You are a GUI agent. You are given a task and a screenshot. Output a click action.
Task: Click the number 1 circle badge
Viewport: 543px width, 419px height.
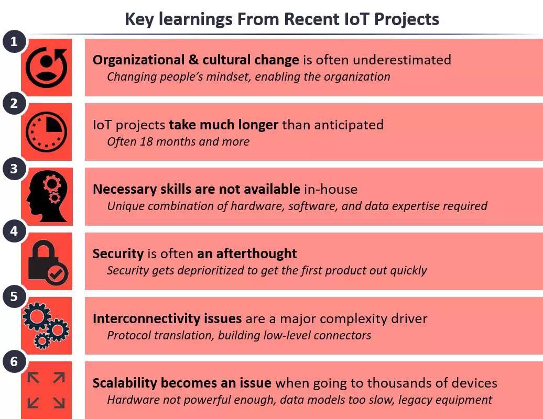click(14, 41)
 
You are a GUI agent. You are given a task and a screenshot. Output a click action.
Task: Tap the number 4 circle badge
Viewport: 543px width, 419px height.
click(14, 231)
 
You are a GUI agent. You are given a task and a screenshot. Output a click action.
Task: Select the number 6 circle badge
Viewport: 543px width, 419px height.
click(14, 361)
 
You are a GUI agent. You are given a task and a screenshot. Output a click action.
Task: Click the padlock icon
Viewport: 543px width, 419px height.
click(48, 262)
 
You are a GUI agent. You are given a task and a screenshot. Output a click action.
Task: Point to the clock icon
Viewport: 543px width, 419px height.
click(47, 131)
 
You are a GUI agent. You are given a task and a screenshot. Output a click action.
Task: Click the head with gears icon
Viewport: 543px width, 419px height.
click(47, 196)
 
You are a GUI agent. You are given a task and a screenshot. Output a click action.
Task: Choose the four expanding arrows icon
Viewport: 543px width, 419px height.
click(46, 390)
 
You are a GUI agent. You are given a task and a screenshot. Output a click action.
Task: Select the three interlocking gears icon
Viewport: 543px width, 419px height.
click(46, 325)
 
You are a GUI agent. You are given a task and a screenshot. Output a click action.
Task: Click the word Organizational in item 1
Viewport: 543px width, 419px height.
click(138, 60)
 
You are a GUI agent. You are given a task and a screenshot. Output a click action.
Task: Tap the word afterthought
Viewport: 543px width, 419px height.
click(256, 253)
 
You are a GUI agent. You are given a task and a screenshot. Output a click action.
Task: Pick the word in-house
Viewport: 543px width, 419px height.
click(331, 189)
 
